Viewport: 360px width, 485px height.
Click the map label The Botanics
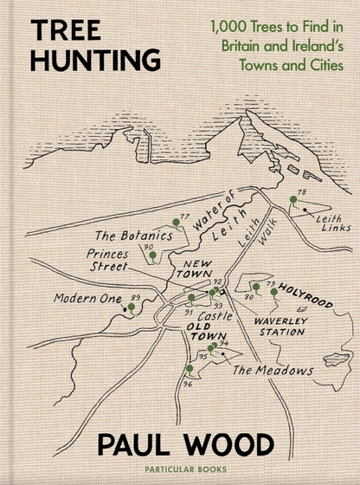point(128,235)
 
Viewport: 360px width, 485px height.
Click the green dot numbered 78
point(292,200)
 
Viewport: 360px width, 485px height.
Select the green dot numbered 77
point(176,223)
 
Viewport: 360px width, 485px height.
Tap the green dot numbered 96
point(190,368)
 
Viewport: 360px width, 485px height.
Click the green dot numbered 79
point(274,292)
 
